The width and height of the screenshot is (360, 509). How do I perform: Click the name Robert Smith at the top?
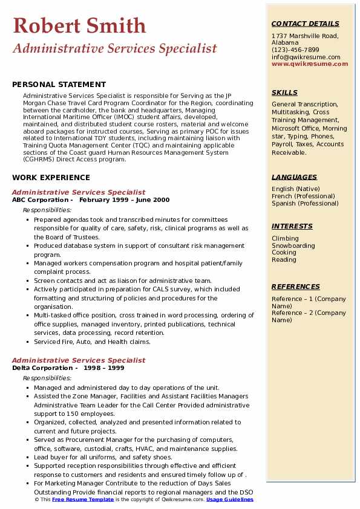(x=79, y=25)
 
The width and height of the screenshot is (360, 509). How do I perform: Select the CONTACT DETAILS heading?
(x=305, y=24)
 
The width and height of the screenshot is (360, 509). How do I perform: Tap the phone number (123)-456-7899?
(x=295, y=50)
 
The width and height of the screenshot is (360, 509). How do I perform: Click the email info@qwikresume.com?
(x=306, y=57)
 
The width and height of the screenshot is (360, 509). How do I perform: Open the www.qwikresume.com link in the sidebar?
(x=306, y=64)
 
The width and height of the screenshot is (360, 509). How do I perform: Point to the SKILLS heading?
(x=284, y=93)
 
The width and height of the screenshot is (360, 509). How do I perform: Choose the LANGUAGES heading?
(x=294, y=177)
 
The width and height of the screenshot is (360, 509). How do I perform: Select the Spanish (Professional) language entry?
(x=306, y=204)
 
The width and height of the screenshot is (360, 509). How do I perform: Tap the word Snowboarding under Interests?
(x=293, y=246)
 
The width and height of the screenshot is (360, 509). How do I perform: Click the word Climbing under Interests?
(x=285, y=239)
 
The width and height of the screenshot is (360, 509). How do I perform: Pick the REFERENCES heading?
(x=295, y=287)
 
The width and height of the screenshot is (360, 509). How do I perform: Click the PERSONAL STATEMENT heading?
(x=59, y=85)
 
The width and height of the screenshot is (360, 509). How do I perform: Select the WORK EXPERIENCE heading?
(x=51, y=178)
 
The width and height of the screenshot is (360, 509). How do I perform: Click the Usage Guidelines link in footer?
(x=231, y=500)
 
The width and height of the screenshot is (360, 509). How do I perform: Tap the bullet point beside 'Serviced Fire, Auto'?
(x=28, y=342)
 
